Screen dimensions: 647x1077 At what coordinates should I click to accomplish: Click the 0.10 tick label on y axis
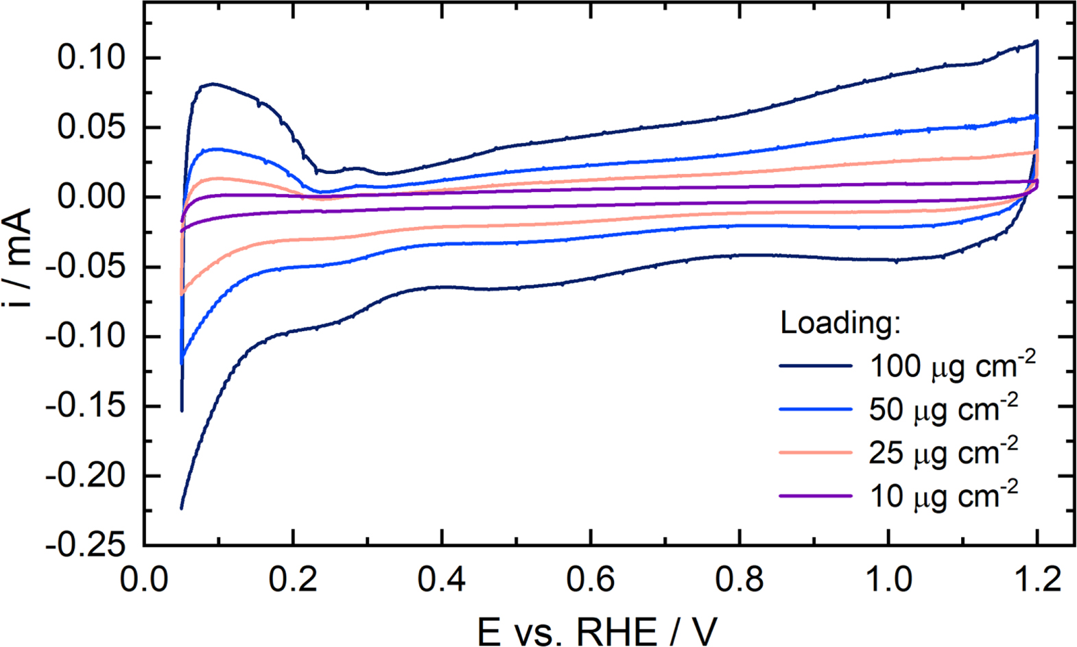tap(91, 58)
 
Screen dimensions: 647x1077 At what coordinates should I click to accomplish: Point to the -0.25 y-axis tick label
tap(86, 546)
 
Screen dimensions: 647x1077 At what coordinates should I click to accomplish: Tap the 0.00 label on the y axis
tap(91, 197)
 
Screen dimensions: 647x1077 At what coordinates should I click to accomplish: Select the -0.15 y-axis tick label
tap(86, 406)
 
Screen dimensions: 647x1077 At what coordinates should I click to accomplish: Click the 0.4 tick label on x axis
tap(442, 580)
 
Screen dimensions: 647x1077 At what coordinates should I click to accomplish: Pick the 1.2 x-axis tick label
tap(1037, 580)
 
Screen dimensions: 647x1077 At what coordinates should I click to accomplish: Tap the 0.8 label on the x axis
tap(739, 580)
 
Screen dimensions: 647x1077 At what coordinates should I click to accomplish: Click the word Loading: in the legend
tap(840, 322)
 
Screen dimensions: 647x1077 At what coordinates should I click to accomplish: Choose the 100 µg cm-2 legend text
tap(952, 366)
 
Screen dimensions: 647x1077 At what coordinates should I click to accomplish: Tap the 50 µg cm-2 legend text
tap(944, 409)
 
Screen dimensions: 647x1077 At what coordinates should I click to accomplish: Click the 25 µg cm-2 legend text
tap(944, 452)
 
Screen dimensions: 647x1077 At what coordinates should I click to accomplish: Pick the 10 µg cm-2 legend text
tap(944, 496)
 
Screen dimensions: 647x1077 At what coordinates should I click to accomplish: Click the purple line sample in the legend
tap(815, 496)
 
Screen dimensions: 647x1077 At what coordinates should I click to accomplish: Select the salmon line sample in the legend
tap(815, 452)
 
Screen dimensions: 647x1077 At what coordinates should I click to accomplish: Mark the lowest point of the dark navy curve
tap(181, 509)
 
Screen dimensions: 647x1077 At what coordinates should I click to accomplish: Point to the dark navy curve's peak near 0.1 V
tap(213, 84)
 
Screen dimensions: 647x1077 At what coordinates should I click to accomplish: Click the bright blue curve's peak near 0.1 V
tap(217, 149)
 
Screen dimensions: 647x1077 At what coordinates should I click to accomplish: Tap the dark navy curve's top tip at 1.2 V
tap(1037, 42)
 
